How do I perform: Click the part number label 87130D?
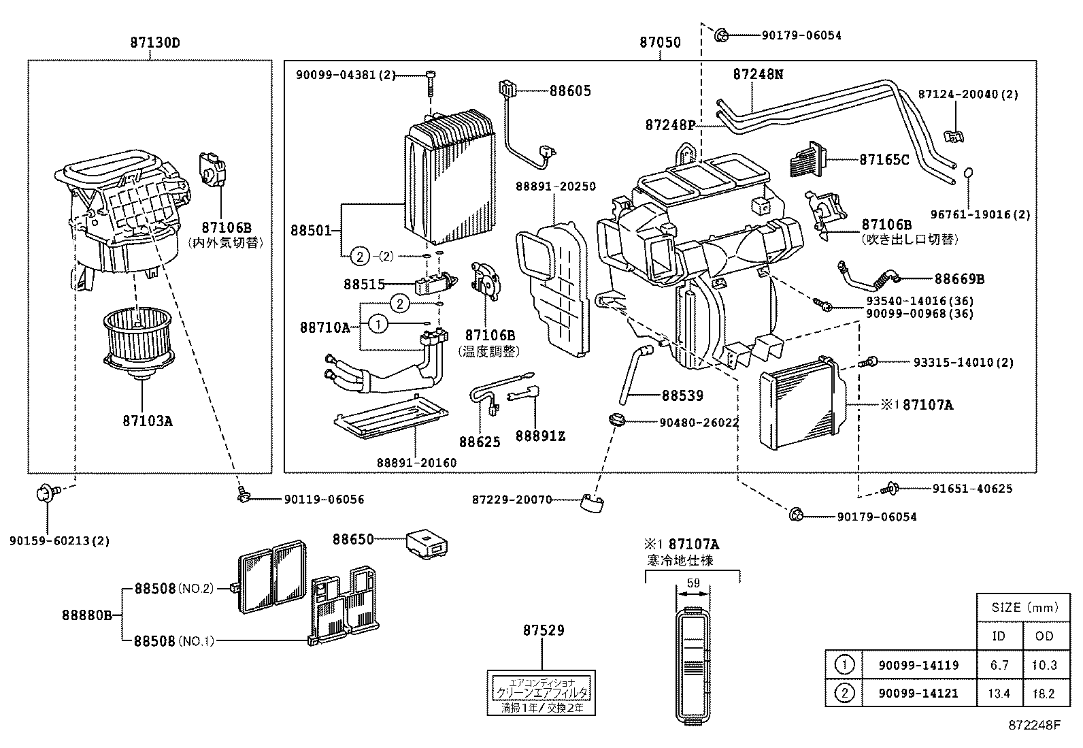(x=155, y=42)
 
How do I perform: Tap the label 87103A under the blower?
(x=148, y=421)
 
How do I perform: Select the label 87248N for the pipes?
(x=758, y=74)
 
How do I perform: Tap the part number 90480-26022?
(x=699, y=423)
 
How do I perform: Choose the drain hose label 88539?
(x=682, y=395)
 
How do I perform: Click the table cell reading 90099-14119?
(x=918, y=665)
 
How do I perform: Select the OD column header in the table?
(x=1044, y=636)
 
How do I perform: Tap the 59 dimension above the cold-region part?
(x=693, y=583)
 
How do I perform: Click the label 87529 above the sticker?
(x=544, y=631)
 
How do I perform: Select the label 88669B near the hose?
(x=959, y=279)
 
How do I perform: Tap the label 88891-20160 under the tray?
(x=416, y=463)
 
